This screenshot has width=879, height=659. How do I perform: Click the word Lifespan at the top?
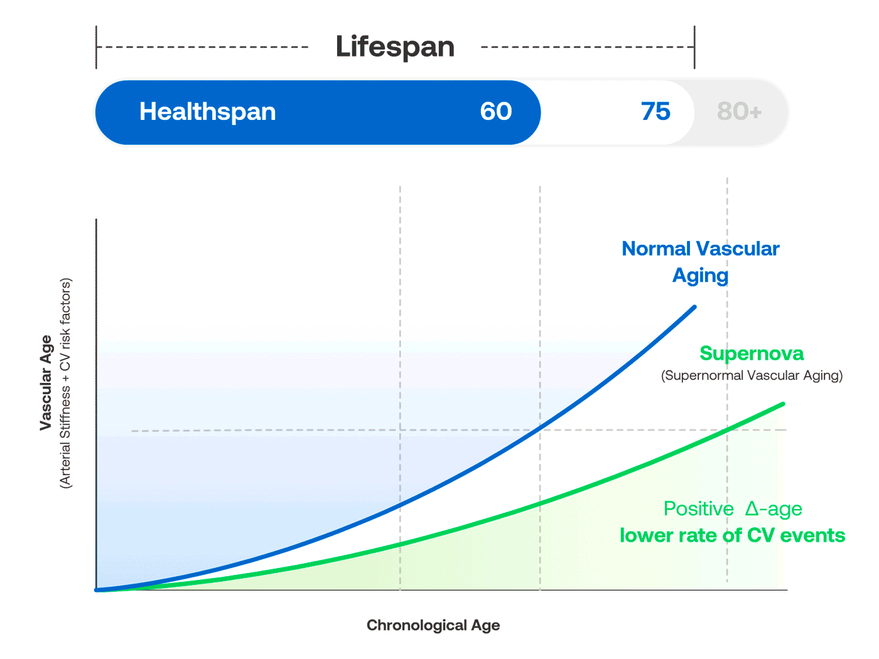click(395, 47)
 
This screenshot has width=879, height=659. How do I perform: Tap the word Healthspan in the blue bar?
click(207, 112)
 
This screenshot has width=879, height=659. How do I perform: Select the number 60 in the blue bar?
click(496, 112)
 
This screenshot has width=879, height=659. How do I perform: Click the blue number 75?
click(655, 112)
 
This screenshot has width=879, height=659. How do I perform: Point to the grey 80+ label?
click(739, 112)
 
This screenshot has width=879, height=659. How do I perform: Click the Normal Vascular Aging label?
click(700, 262)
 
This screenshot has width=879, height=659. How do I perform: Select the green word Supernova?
click(752, 353)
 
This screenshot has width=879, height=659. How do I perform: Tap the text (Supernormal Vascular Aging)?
click(752, 375)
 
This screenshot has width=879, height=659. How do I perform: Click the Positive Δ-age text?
click(733, 508)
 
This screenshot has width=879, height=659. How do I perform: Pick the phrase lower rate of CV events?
click(732, 535)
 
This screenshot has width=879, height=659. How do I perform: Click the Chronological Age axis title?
click(433, 625)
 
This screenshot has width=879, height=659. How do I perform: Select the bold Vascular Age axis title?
click(45, 383)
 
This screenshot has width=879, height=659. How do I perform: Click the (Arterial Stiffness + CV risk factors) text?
click(65, 383)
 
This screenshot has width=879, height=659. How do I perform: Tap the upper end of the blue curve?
click(694, 307)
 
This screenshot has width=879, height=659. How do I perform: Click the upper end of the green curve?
click(783, 404)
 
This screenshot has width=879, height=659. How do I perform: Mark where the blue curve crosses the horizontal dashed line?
click(540, 430)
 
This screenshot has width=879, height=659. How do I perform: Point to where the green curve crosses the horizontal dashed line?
click(728, 430)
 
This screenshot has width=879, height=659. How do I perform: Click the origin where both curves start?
click(97, 590)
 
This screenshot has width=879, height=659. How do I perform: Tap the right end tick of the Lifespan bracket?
click(694, 47)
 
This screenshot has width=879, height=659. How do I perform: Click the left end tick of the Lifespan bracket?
click(96, 47)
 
